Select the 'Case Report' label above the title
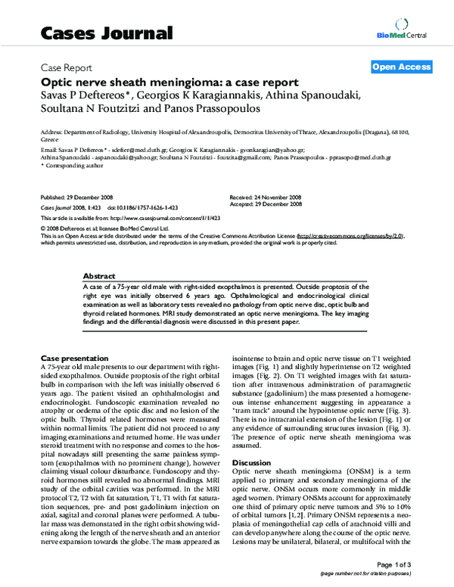(67, 67)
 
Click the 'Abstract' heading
(99, 277)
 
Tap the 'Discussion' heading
(250, 461)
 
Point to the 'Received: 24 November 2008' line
(266, 196)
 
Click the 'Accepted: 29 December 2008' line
(266, 203)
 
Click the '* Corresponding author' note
(67, 165)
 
